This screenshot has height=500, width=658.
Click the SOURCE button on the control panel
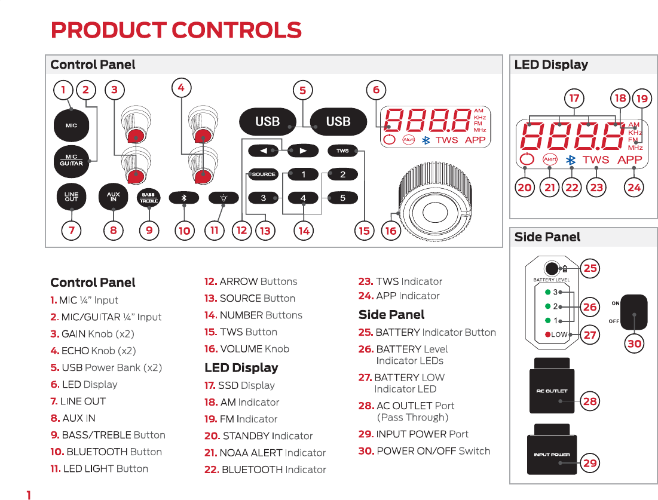point(264,174)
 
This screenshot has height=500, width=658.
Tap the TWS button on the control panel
point(342,151)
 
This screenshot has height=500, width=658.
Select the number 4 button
point(303,198)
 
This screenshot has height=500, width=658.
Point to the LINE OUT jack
point(71,198)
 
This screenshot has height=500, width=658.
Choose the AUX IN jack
point(114,198)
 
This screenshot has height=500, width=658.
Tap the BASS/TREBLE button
point(149,198)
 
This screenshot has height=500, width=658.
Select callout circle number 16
point(391,231)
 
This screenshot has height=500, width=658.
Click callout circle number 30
point(634,343)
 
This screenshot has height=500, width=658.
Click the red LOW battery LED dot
point(547,335)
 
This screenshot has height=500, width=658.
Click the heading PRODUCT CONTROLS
point(176,30)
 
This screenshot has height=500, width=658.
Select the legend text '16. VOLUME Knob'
point(246,349)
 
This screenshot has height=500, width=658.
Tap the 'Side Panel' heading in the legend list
point(391,315)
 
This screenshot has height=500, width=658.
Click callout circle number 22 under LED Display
point(572,188)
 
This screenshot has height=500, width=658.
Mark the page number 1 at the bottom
point(28,495)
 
